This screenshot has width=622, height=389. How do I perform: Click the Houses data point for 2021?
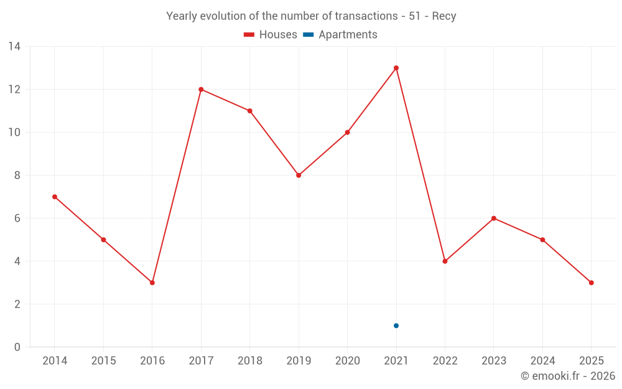point(396,68)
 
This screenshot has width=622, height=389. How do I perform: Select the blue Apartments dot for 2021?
point(396,326)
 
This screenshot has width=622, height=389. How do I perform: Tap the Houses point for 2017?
point(201,89)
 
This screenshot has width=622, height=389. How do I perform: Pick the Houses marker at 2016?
point(152,283)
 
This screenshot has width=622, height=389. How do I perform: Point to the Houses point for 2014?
point(55,197)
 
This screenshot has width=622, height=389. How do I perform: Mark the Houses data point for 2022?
point(445,261)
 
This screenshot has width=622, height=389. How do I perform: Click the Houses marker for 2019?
point(299,176)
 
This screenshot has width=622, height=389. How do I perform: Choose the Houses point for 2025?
point(592,283)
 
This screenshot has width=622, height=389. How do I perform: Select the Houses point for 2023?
point(494,218)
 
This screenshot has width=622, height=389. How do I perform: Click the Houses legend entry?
point(271,35)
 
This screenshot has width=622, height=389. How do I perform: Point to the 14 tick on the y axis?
point(14,47)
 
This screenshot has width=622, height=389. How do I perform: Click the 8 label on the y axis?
point(17,176)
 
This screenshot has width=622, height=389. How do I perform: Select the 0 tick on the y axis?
point(17,347)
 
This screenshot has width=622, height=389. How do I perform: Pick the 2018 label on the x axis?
point(250,361)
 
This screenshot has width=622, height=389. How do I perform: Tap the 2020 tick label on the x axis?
point(348,361)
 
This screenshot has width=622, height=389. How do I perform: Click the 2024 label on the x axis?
point(542,361)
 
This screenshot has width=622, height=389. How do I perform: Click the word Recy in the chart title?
point(444,16)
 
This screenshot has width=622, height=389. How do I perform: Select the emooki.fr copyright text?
point(568,376)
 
